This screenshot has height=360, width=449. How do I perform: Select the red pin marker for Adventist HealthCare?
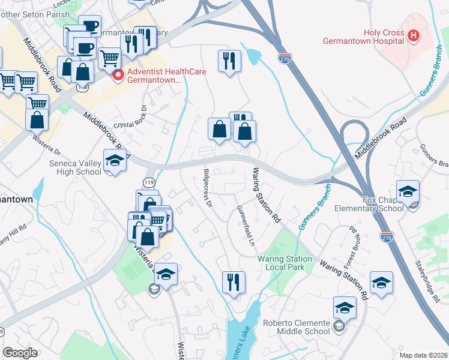pos(118,75)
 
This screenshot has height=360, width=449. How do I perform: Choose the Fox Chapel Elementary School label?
pos(375,204)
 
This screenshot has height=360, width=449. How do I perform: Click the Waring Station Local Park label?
pos(285,263)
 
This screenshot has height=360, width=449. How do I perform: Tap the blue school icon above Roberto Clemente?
pos(344,308)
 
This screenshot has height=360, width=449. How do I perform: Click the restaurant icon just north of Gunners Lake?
pos(233,281)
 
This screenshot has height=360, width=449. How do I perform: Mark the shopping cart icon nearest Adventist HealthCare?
pos(109,58)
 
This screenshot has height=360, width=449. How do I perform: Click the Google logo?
pos(20,352)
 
